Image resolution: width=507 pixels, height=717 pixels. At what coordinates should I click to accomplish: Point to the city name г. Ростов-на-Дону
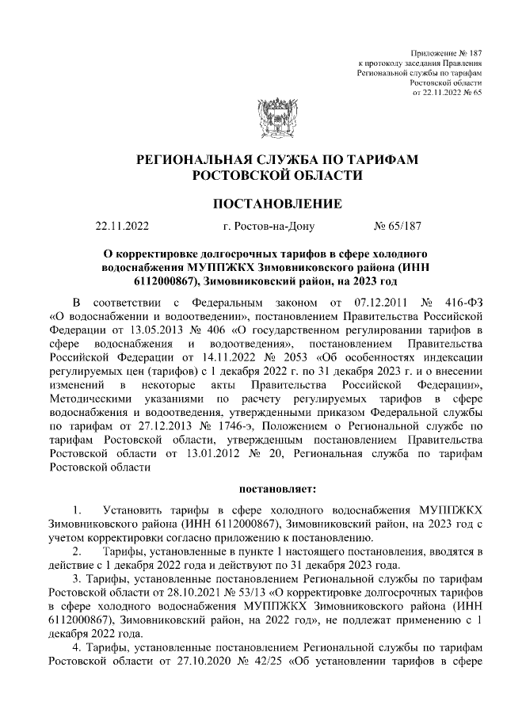tap(269, 227)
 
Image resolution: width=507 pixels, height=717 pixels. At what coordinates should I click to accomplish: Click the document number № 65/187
tap(397, 227)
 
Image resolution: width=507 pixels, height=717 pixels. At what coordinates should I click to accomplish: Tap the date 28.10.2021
tap(185, 592)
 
